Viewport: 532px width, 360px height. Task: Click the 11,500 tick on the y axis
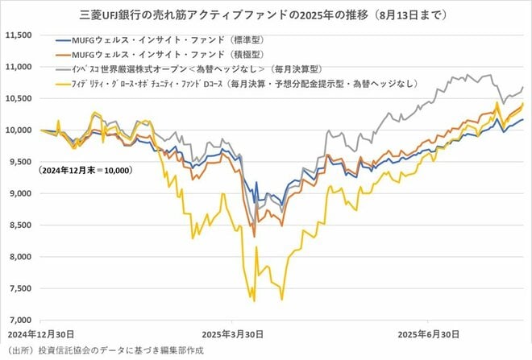coord(19,35)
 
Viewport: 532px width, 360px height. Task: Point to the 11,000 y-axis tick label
coord(19,67)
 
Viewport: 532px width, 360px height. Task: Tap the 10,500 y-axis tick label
coord(19,98)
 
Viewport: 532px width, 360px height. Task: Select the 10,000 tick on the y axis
coord(19,130)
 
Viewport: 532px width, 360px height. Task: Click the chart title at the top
coord(266,14)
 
